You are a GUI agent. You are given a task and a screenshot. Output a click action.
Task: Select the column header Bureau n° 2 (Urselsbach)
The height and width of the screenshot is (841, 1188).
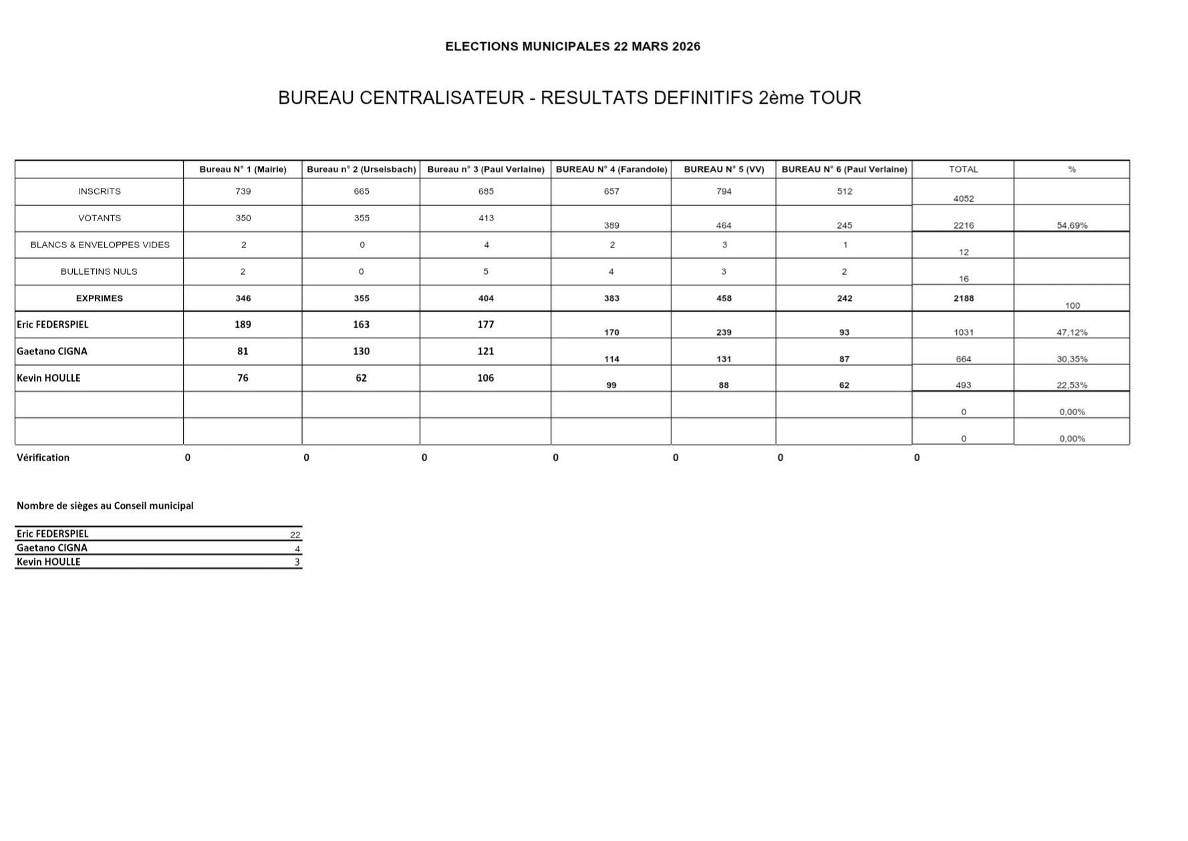[361, 169]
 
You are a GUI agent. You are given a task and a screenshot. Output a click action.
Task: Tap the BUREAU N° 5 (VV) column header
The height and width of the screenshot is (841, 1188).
[724, 169]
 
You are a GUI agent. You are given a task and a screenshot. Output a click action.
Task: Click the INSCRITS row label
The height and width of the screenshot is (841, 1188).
[100, 191]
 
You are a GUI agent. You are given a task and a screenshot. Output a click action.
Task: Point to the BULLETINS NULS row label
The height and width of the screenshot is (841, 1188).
[99, 271]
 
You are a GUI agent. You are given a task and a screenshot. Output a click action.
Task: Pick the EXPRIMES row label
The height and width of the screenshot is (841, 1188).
[100, 298]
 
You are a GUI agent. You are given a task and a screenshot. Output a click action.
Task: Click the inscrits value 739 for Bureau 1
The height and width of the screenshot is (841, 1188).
[243, 191]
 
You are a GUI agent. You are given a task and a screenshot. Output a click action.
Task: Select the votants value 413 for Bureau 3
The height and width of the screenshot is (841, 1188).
[486, 218]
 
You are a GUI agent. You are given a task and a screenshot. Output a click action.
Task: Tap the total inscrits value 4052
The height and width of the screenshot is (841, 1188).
[963, 199]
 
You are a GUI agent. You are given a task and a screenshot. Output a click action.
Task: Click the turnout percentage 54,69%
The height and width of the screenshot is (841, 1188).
[1072, 225]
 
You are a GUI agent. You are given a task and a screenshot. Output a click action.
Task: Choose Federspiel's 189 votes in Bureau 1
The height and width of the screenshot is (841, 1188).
[243, 324]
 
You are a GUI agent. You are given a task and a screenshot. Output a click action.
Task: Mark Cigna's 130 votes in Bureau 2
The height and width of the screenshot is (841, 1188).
[361, 351]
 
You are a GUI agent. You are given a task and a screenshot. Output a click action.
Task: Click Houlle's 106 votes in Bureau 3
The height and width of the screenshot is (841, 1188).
[486, 378]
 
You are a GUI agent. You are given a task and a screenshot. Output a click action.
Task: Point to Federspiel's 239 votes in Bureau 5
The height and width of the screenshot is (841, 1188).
[724, 332]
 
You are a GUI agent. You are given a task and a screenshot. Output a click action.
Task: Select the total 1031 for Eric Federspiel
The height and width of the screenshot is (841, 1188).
[963, 332]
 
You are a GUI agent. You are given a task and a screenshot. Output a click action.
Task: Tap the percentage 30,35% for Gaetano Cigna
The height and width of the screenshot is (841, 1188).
[1072, 359]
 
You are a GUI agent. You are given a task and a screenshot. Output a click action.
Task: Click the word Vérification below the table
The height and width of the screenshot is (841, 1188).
[43, 457]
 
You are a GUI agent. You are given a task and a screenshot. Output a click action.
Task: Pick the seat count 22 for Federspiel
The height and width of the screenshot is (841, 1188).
[295, 535]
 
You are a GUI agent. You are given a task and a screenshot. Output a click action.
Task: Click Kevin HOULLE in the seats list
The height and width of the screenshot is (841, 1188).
[48, 562]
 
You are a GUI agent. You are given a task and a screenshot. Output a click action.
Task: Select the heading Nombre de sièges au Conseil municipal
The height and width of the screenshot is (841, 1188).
[105, 505]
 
